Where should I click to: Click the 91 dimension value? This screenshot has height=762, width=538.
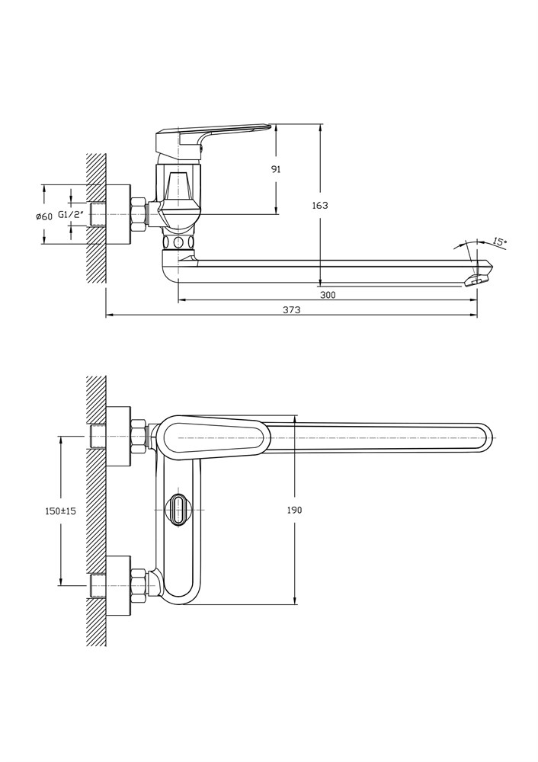coord(276,169)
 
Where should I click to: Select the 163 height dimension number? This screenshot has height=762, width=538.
coord(320,206)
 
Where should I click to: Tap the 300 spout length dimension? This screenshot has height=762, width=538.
coord(328,295)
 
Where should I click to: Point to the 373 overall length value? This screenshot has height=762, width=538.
coord(291,309)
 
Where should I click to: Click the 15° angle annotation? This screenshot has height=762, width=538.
coord(499,242)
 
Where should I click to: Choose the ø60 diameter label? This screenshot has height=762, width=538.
coord(44,216)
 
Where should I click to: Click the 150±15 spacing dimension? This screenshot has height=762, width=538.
coord(60,511)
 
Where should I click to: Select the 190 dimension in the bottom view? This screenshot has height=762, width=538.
coord(294,510)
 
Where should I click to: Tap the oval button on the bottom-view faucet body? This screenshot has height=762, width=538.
coord(178,510)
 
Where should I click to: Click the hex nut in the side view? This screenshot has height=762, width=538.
coord(139,214)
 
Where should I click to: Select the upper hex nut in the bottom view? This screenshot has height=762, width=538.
coord(139,437)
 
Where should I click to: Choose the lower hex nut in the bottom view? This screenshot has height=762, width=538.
coord(139,585)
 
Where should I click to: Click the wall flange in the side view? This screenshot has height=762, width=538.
coord(117,214)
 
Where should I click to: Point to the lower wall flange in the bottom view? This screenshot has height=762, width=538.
coord(117,585)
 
